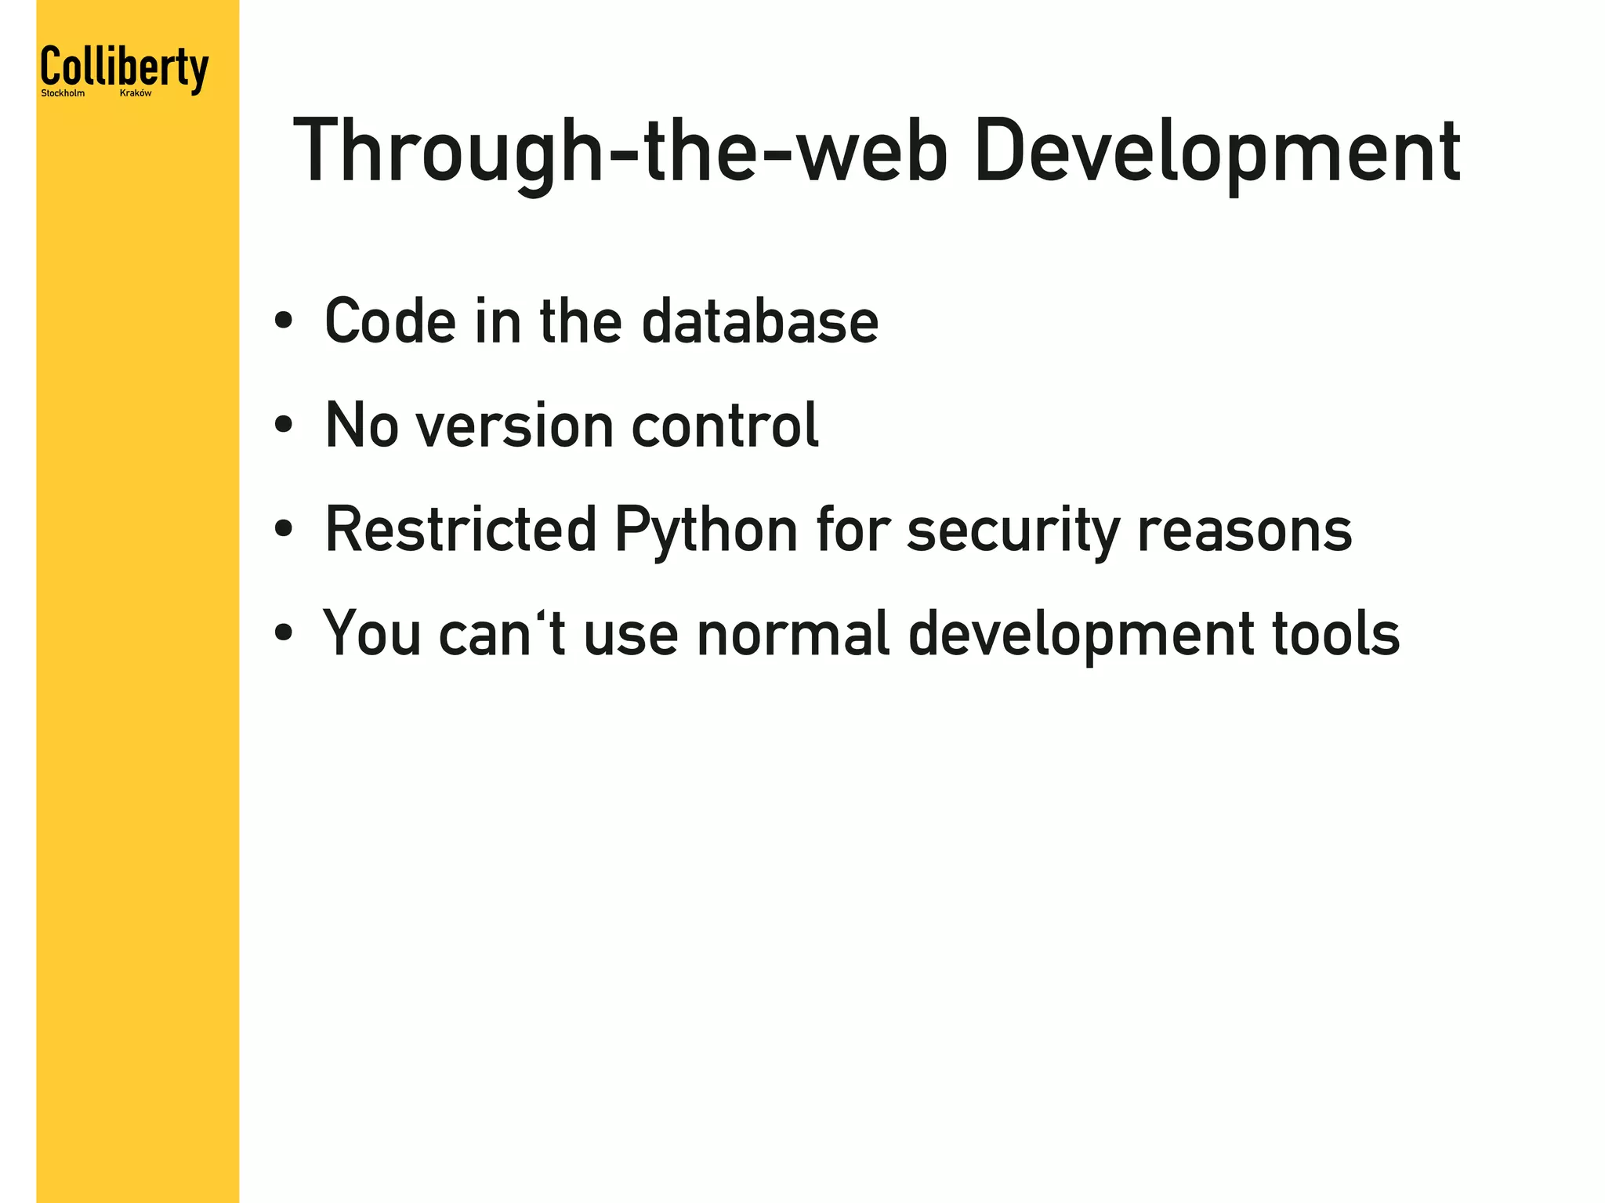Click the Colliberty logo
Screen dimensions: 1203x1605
[x=125, y=68]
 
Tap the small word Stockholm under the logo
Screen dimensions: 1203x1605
[x=63, y=93]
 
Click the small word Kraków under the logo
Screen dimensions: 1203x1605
[x=136, y=93]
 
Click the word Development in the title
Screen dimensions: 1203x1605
[x=1216, y=151]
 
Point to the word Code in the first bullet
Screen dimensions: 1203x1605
[x=390, y=321]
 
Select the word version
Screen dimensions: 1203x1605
[x=515, y=426]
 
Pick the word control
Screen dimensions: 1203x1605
[x=725, y=426]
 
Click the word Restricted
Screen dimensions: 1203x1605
[x=461, y=530]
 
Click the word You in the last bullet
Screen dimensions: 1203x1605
[x=372, y=633]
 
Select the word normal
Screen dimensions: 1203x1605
[x=793, y=633]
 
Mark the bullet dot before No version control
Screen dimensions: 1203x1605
[x=284, y=426]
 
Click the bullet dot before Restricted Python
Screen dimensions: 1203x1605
[x=284, y=530]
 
